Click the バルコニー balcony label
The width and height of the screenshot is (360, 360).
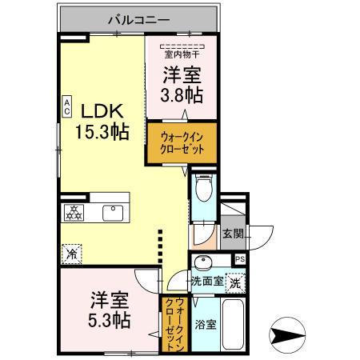click(x=139, y=20)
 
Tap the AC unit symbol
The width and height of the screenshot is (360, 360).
click(x=67, y=106)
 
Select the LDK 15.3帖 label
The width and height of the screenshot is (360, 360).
click(x=102, y=122)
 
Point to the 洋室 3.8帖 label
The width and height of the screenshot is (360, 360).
click(x=182, y=85)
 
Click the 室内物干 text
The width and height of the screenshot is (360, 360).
click(x=182, y=54)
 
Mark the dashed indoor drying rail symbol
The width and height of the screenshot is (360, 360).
click(x=182, y=46)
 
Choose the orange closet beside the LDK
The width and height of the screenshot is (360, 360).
click(x=182, y=143)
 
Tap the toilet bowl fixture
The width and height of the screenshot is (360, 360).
click(x=204, y=187)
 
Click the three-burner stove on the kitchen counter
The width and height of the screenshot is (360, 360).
click(x=73, y=213)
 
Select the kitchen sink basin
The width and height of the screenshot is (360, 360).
click(x=113, y=213)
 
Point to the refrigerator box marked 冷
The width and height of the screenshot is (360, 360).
click(x=72, y=254)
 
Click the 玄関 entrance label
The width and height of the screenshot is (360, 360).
click(x=233, y=234)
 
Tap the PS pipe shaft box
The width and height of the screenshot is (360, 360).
click(x=240, y=259)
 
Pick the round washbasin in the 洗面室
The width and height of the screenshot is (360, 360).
click(x=204, y=262)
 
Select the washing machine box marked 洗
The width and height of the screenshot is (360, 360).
click(x=235, y=283)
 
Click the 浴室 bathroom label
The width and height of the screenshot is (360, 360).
click(x=206, y=324)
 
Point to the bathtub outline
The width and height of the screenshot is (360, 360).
click(x=234, y=324)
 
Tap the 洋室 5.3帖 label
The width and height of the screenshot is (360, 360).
click(x=110, y=310)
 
